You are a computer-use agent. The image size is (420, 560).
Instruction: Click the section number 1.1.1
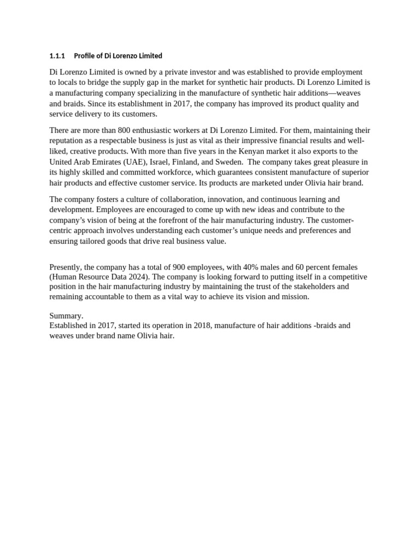[x=57, y=56]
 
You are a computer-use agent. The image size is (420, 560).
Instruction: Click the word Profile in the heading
[x=84, y=56]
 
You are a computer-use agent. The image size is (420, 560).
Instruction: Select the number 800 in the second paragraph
[x=116, y=130]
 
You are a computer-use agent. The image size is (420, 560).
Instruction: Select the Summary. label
[x=66, y=316]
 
